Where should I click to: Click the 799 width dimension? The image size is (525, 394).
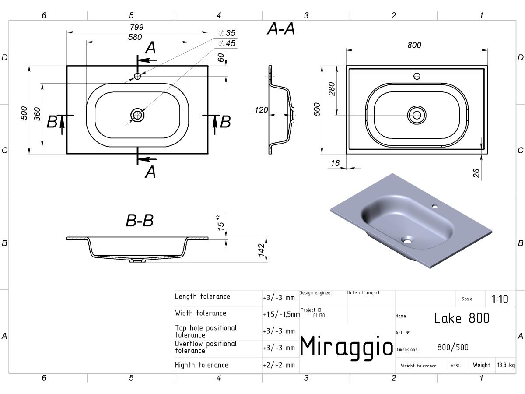pos(136,27)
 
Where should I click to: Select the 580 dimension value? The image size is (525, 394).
pos(135,37)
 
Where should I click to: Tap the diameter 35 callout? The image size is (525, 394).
pos(227,33)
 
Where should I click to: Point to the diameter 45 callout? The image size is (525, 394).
pos(227,43)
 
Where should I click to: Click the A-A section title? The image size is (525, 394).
pos(281,29)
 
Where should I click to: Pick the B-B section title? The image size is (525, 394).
pos(140,220)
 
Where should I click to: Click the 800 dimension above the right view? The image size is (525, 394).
pos(414,45)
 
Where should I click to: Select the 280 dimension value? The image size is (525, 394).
pos(332,89)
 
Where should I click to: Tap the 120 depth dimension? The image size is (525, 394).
pos(261,110)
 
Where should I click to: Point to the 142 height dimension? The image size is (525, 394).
pos(262,250)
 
